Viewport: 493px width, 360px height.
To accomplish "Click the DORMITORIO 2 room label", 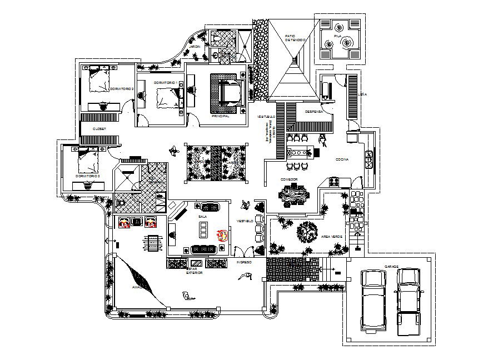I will [x=121, y=89].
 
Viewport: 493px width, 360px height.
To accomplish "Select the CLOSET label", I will [x=99, y=128].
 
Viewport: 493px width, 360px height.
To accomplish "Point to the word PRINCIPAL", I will [x=221, y=117].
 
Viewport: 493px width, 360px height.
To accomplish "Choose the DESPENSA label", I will [x=314, y=111].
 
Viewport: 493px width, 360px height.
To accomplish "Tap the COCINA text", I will [x=342, y=159].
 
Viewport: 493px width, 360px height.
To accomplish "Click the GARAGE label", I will [x=392, y=266].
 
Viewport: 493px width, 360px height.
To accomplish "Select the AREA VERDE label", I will [x=332, y=237].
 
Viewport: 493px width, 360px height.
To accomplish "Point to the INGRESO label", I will [x=244, y=262].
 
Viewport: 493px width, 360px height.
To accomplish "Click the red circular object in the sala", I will [x=223, y=234].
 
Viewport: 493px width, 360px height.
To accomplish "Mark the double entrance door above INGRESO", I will [x=243, y=251].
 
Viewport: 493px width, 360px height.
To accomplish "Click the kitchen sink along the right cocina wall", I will [x=368, y=159].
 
